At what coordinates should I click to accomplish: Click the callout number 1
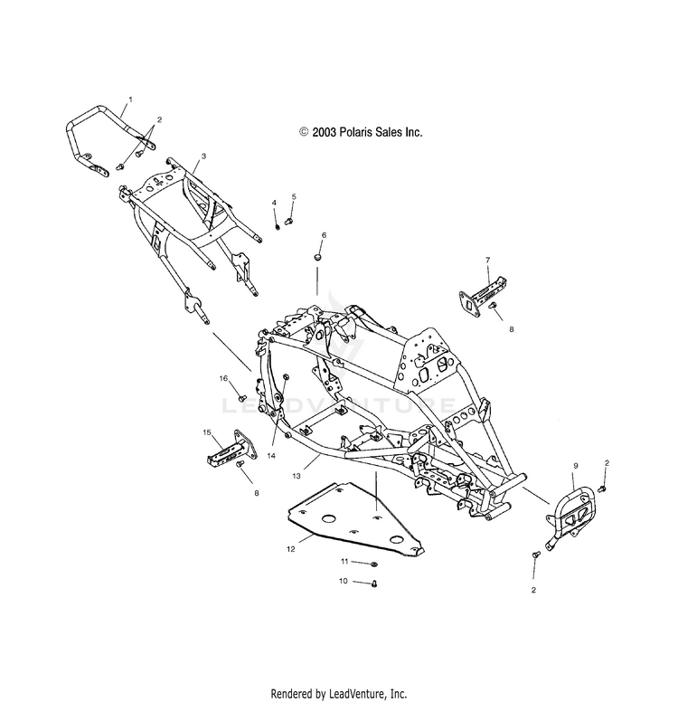click(131, 100)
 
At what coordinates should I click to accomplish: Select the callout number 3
click(203, 157)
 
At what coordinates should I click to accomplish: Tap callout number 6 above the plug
click(324, 235)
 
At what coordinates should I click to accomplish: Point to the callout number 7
click(488, 260)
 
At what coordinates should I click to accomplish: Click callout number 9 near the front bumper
click(576, 466)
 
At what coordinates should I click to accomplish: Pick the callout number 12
click(291, 549)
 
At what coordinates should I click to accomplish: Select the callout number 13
click(297, 476)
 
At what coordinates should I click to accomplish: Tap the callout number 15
click(207, 432)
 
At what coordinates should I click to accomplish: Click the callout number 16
click(223, 378)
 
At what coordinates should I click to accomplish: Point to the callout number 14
click(271, 456)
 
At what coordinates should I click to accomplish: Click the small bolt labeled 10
click(374, 583)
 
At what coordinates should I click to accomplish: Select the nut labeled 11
click(374, 564)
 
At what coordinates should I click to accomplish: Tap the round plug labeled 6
click(317, 257)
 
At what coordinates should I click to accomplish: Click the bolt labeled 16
click(243, 397)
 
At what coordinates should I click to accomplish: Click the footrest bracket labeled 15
click(231, 449)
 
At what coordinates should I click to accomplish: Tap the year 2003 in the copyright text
click(325, 132)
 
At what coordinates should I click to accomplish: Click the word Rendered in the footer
click(290, 694)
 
